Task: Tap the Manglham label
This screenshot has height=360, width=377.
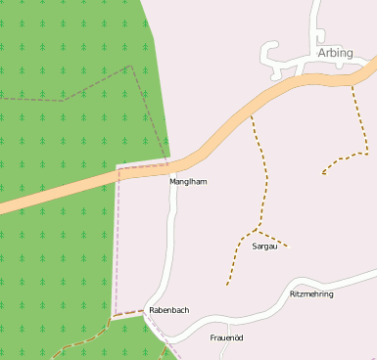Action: pyautogui.click(x=189, y=182)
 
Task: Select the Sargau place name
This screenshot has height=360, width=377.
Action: pyautogui.click(x=265, y=247)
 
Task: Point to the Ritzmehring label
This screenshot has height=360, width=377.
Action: pyautogui.click(x=311, y=293)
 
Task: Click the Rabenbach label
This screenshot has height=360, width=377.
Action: pyautogui.click(x=168, y=310)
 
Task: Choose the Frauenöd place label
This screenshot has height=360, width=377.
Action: pyautogui.click(x=226, y=337)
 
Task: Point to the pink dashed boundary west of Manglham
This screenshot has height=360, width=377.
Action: pyautogui.click(x=117, y=245)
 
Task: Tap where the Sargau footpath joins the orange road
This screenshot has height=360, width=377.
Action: pyautogui.click(x=252, y=114)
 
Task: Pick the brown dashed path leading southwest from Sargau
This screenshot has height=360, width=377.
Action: pyautogui.click(x=235, y=260)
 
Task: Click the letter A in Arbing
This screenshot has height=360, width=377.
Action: pyautogui.click(x=322, y=53)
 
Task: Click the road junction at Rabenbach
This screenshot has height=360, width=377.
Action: pyautogui.click(x=148, y=305)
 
